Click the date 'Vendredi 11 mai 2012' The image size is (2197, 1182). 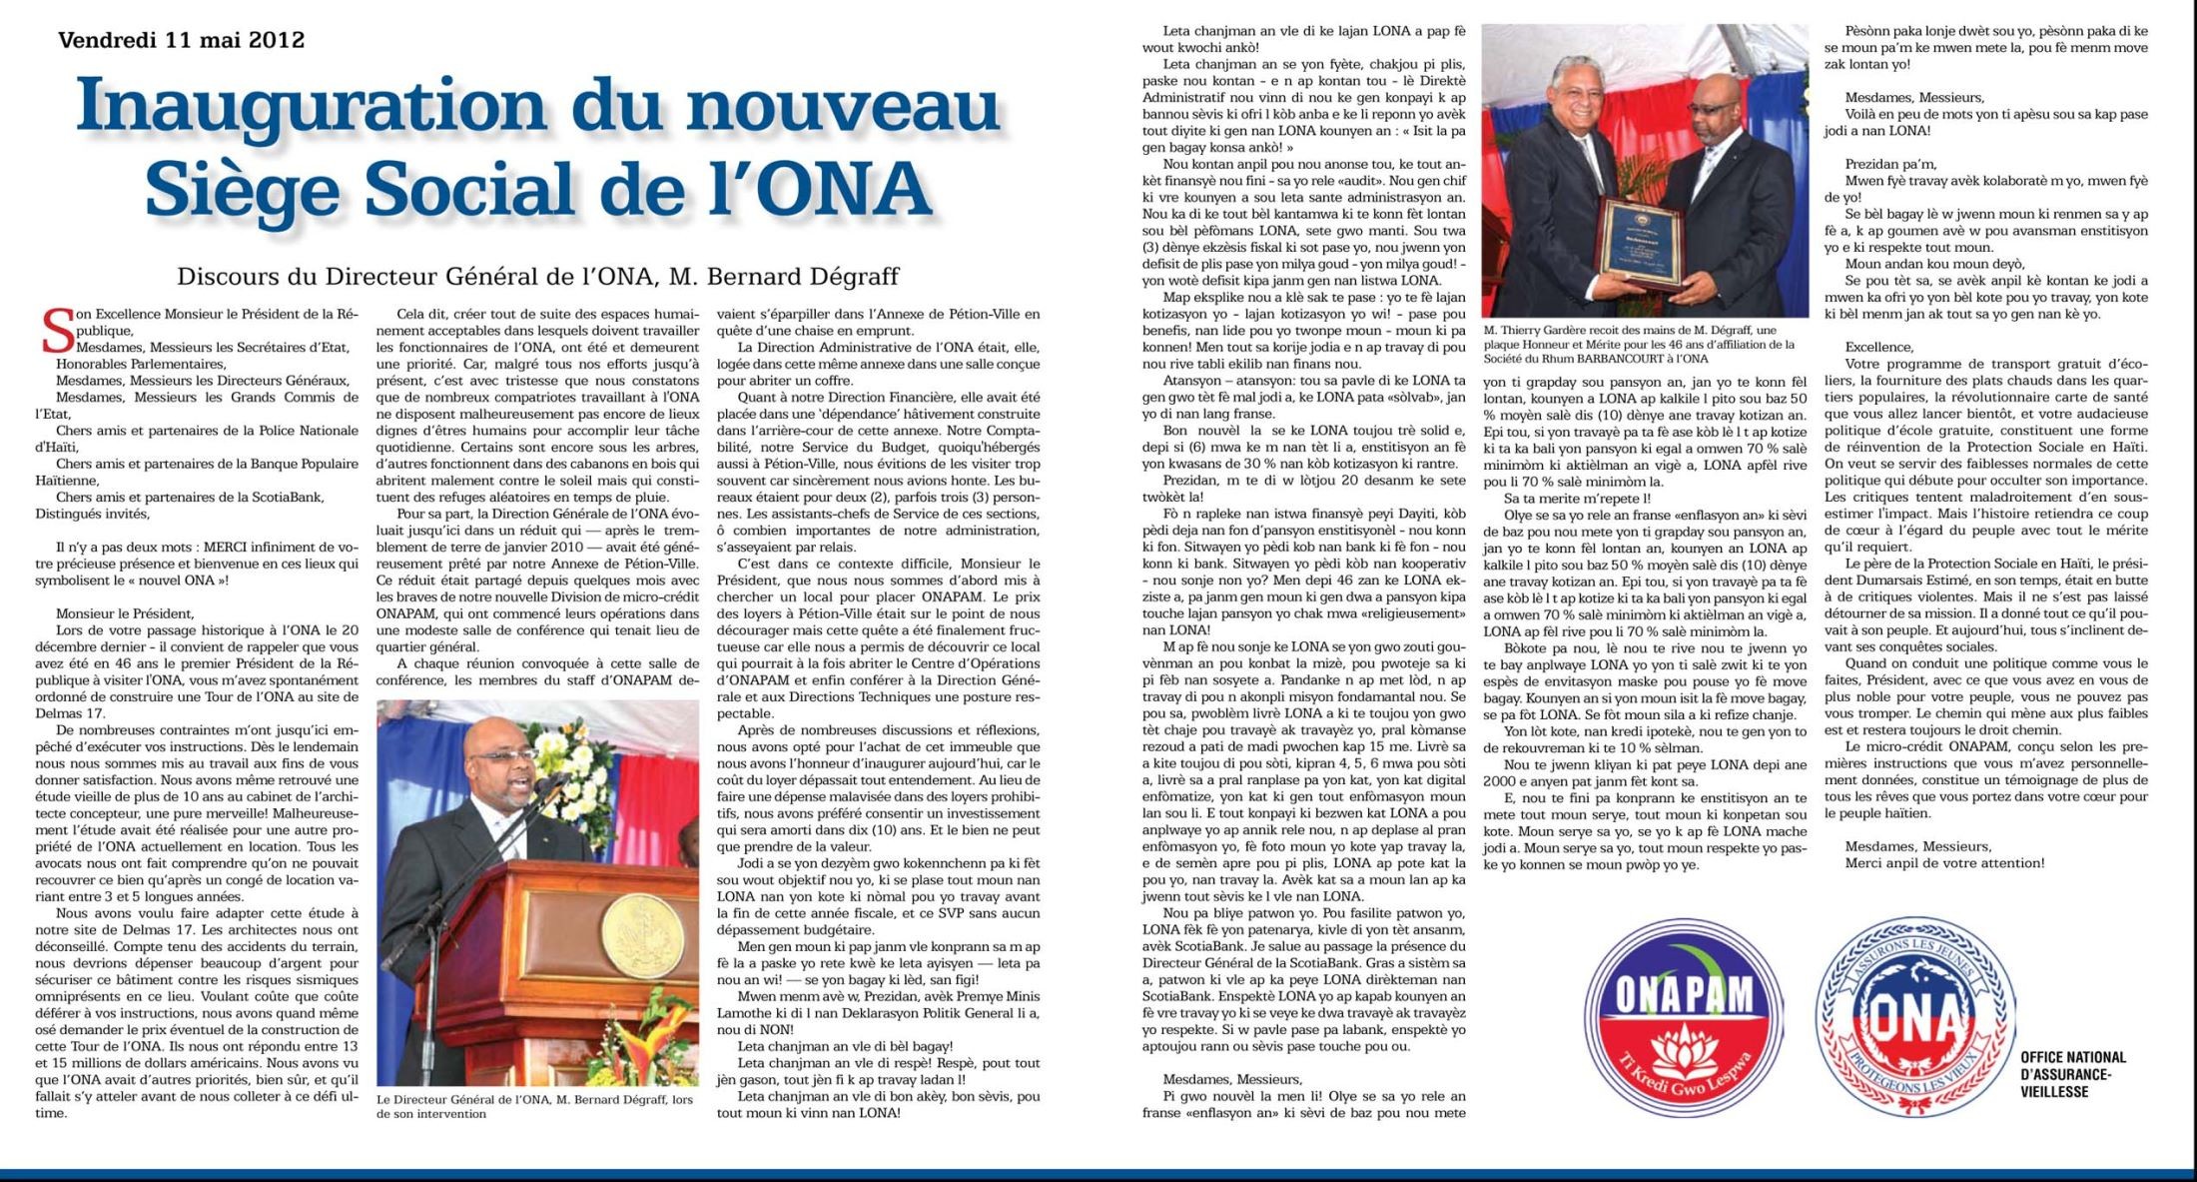181,41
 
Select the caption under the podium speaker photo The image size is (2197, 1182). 534,1106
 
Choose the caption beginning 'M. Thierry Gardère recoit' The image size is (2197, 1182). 1638,344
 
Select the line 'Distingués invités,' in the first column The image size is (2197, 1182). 92,514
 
